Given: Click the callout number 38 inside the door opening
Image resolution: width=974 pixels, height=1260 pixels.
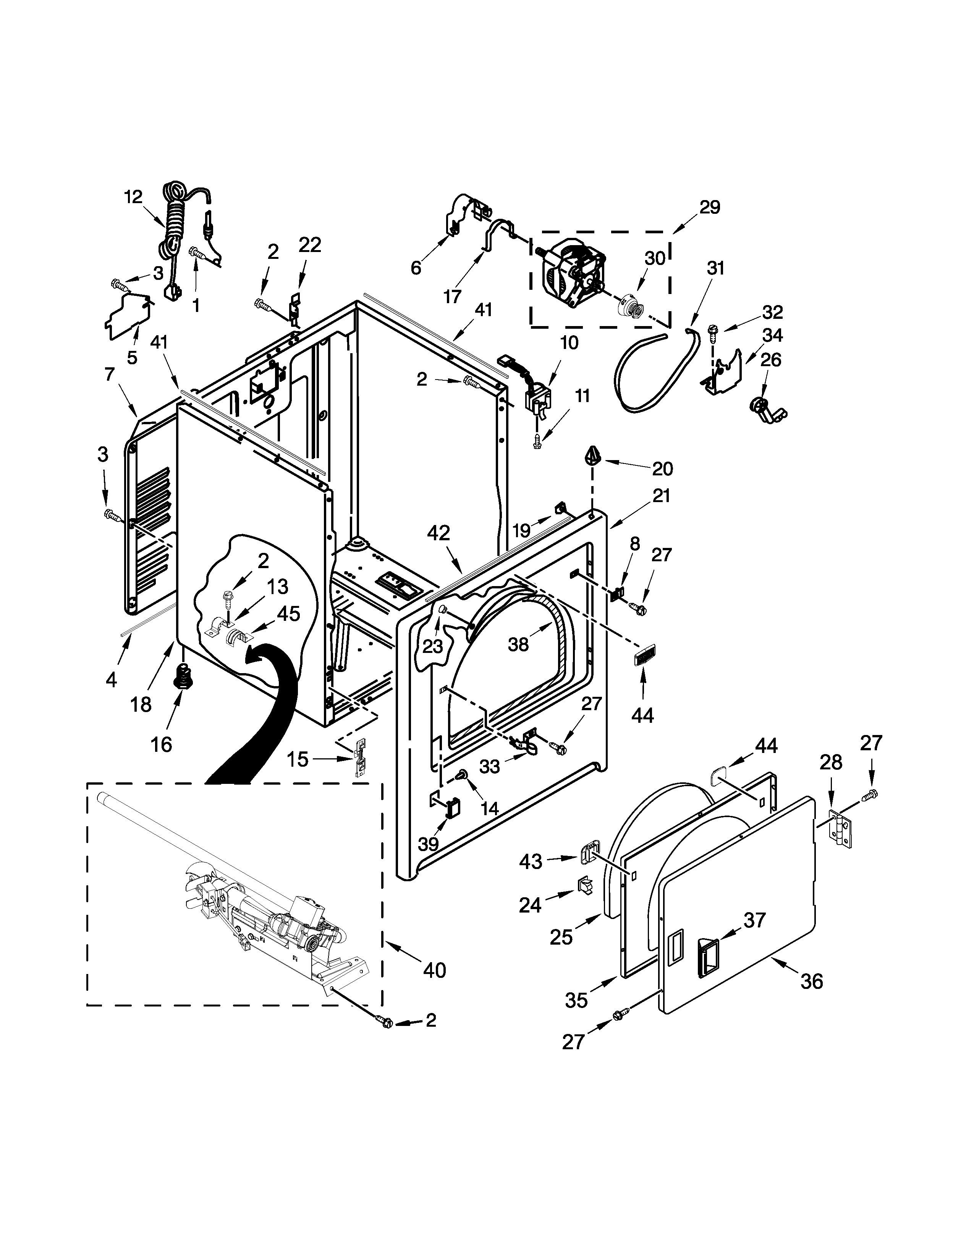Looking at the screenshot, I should click(518, 644).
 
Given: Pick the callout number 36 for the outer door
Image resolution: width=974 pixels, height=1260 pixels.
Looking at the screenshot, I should click(811, 981).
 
